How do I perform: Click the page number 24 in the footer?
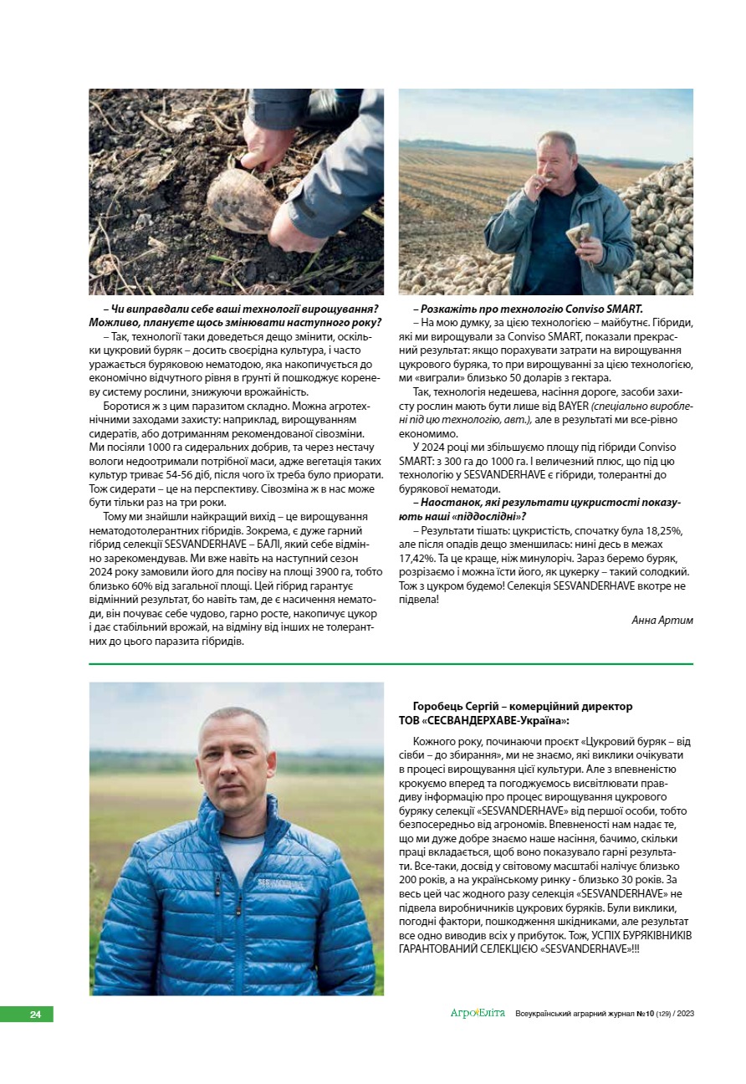click(35, 1015)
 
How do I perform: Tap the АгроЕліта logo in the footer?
click(478, 1014)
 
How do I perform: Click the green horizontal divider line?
click(391, 664)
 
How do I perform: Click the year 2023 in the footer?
click(683, 1014)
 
